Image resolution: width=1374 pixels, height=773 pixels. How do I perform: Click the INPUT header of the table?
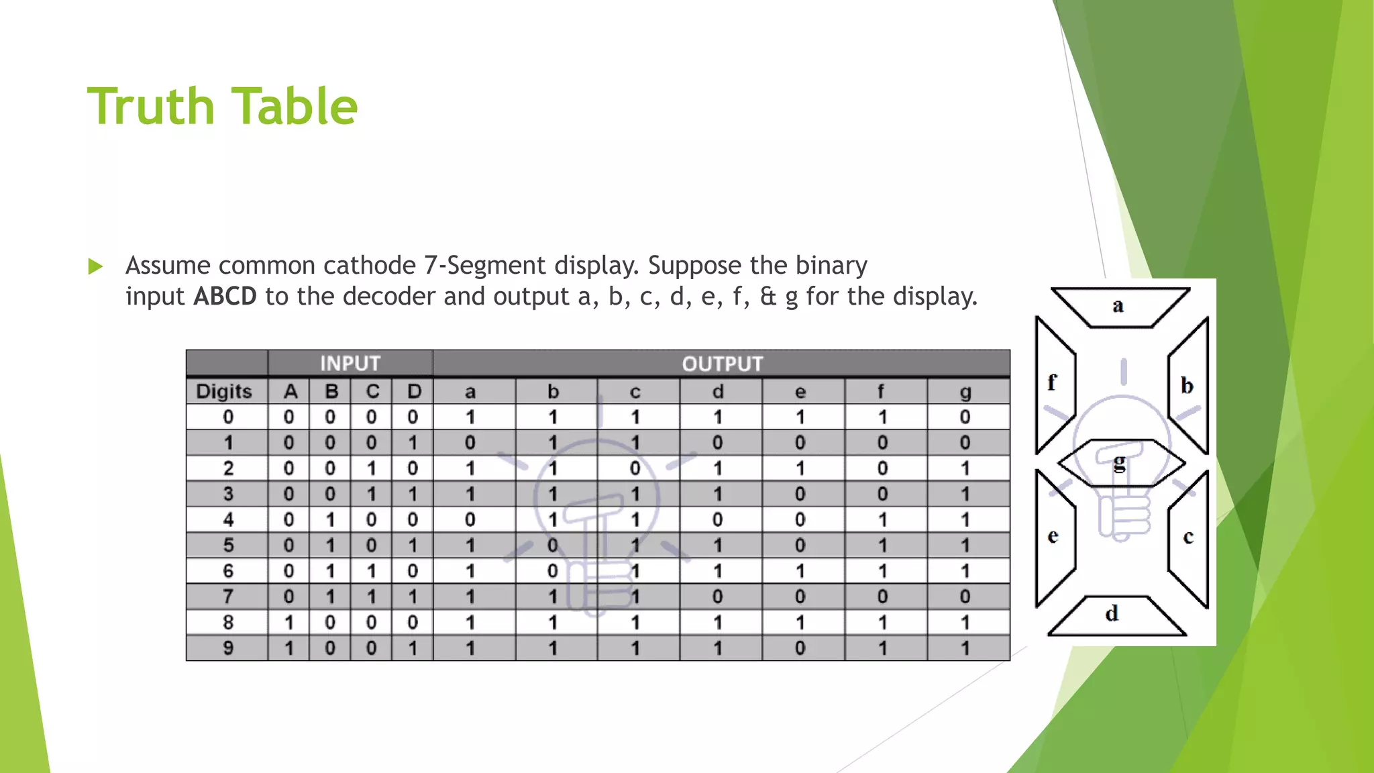[350, 364]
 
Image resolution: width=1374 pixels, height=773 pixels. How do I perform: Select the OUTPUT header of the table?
[722, 364]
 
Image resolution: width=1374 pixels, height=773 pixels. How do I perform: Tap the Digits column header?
[224, 391]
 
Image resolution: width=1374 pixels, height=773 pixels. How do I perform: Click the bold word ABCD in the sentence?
[225, 296]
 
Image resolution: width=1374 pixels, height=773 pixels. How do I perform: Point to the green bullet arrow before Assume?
[96, 266]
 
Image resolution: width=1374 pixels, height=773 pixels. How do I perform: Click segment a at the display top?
[1118, 307]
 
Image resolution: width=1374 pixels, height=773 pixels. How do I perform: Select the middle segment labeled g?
[1120, 462]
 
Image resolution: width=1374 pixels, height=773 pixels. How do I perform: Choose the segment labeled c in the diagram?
[1189, 537]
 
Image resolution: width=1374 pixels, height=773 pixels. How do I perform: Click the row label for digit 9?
[228, 648]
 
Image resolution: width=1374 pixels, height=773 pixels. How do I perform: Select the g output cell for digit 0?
[965, 417]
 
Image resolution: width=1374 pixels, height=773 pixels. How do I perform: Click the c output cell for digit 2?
[635, 468]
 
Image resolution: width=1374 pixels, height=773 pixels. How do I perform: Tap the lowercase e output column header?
[800, 392]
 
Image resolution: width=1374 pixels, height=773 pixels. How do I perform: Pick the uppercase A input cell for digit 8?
[288, 623]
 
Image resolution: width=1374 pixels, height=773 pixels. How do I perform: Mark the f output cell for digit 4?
[882, 520]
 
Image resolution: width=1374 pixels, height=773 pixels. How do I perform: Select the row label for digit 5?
[228, 546]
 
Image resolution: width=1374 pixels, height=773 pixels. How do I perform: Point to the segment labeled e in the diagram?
[1053, 537]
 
